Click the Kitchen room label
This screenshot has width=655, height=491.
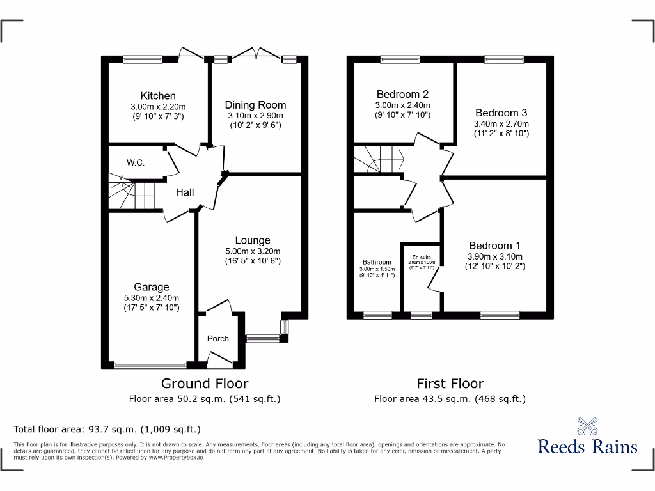[158, 96]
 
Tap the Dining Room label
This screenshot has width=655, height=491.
[255, 105]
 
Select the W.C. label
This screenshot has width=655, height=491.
[135, 163]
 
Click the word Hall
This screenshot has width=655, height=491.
[185, 192]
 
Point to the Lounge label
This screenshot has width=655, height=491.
[252, 240]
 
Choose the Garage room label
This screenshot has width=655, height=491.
[151, 287]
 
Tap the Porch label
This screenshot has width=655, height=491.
[217, 339]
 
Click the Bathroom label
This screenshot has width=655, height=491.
[377, 262]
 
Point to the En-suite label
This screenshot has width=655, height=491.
[421, 257]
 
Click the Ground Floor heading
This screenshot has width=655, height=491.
[204, 384]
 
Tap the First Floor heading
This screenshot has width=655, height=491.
[450, 384]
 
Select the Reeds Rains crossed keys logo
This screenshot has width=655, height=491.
[587, 426]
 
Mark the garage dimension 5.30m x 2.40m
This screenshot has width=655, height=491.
[151, 298]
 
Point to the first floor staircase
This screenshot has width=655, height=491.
[377, 159]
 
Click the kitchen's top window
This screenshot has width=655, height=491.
[142, 60]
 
